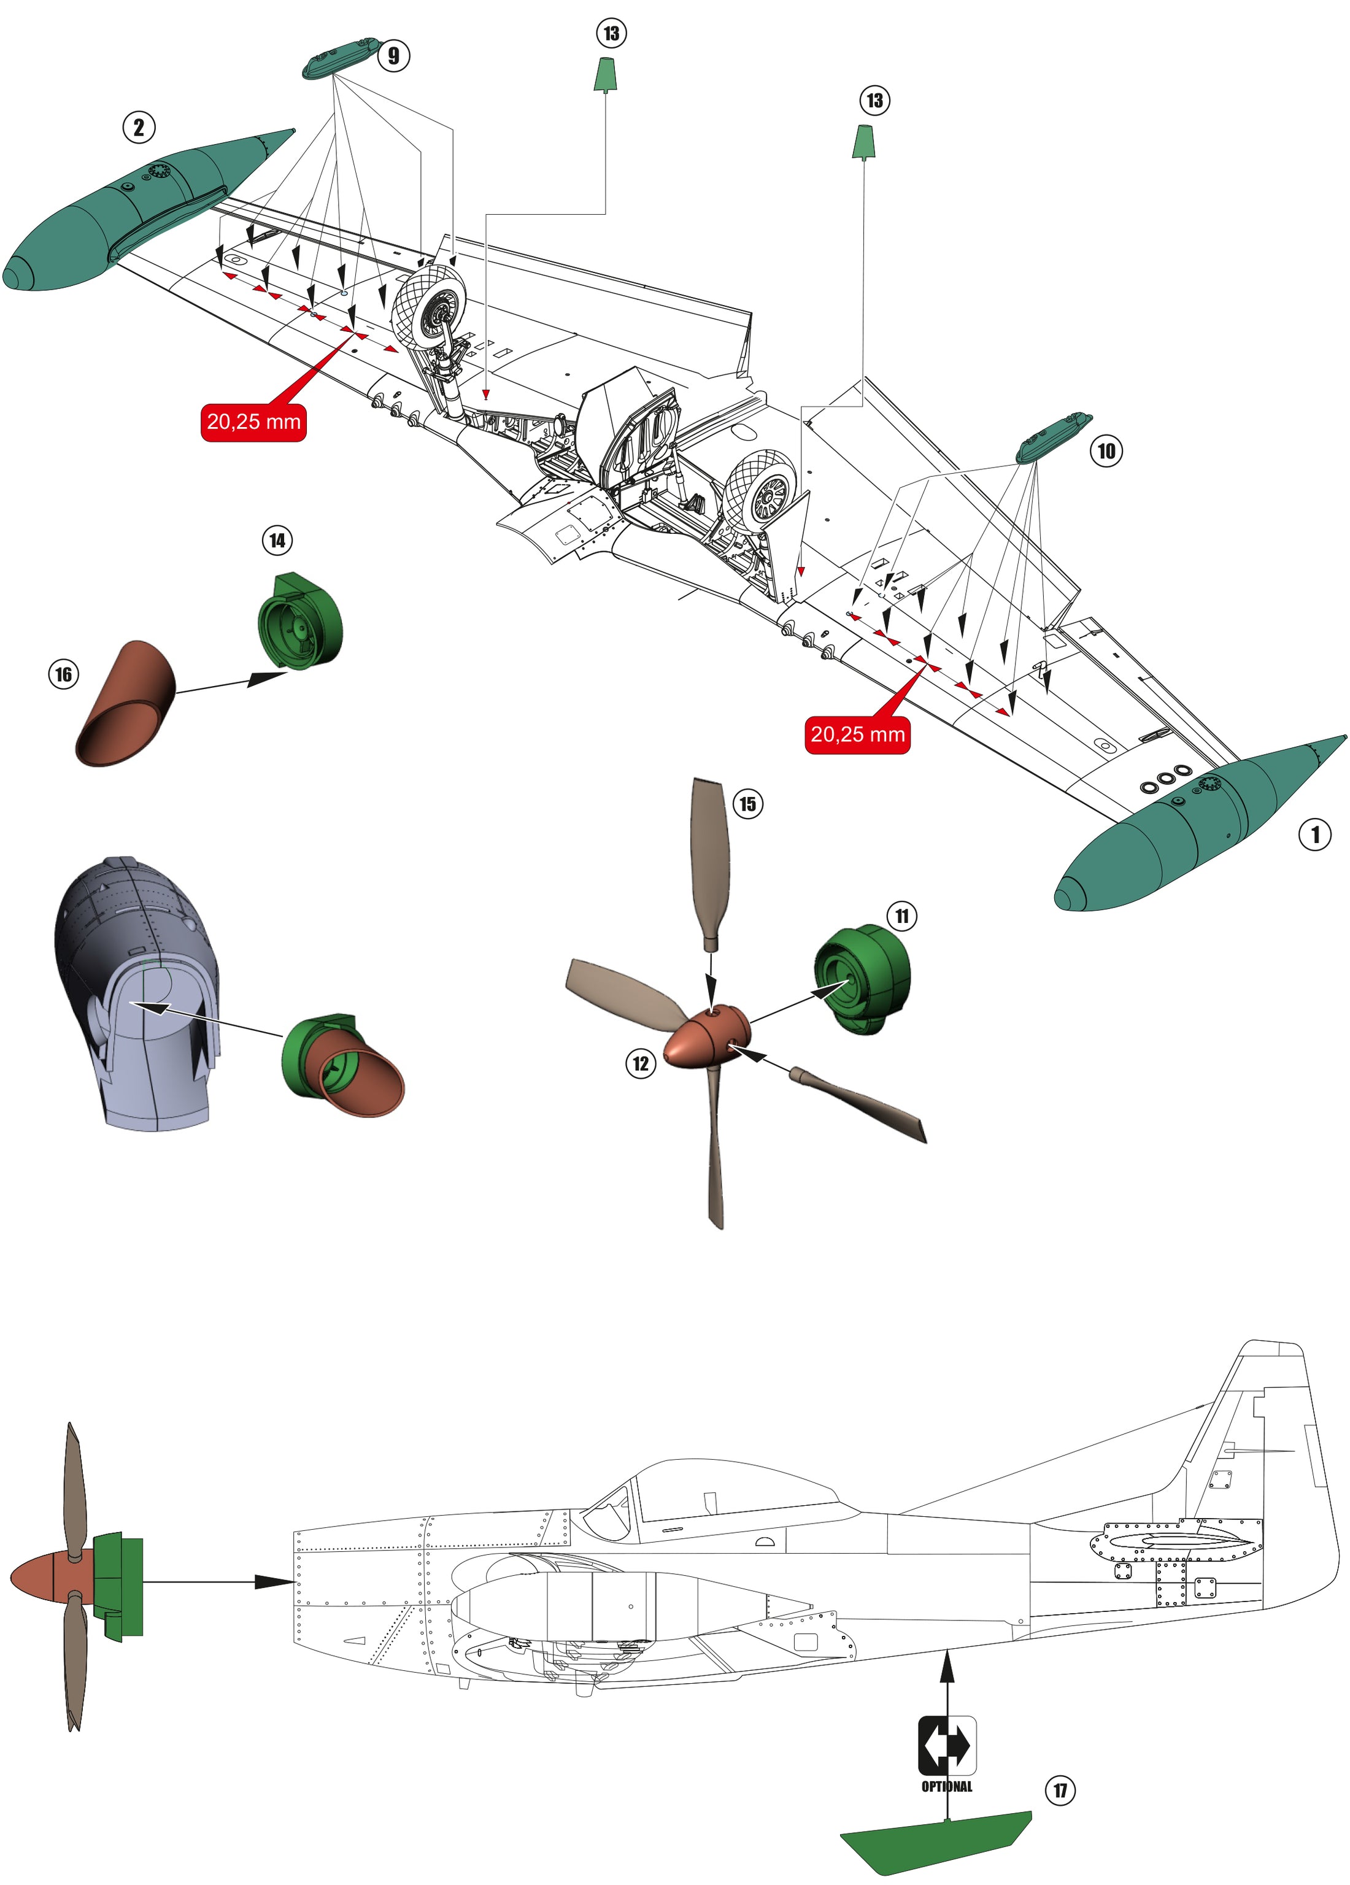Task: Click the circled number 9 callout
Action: [393, 56]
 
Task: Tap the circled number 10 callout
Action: [1106, 451]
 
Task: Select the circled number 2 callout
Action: [139, 127]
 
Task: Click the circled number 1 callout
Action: [1314, 834]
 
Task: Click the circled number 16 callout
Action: [64, 674]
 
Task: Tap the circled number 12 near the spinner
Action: [640, 1063]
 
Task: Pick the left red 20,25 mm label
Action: [253, 422]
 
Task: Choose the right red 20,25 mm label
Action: [857, 734]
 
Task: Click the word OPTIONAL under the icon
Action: [947, 1786]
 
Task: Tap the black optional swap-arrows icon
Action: [947, 1745]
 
